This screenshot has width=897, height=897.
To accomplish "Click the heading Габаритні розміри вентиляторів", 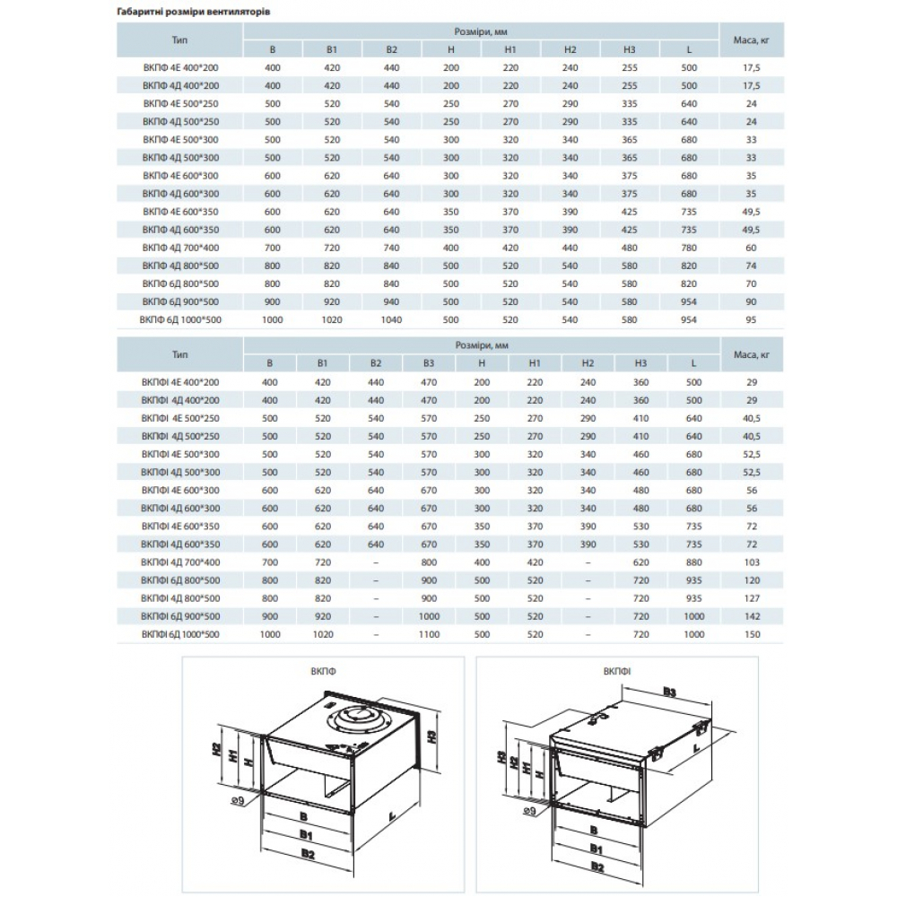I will (x=194, y=13).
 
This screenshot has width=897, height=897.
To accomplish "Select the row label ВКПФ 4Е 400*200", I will (x=180, y=67).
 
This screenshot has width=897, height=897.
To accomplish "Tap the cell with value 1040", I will (x=391, y=318).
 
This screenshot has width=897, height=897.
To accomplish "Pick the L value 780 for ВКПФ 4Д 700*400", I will (x=689, y=247).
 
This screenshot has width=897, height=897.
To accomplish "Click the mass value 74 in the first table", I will (x=752, y=265).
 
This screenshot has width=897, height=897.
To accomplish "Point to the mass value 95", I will (x=752, y=318).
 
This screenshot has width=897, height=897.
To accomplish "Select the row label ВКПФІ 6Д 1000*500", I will (x=180, y=634).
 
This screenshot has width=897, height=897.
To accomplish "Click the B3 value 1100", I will (x=429, y=634).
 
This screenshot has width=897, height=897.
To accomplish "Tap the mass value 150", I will (x=752, y=634).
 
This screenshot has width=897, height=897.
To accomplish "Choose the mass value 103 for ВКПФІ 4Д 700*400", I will (x=752, y=562).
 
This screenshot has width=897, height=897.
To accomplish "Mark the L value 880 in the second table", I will (x=693, y=562).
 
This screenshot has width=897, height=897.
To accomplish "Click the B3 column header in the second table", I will (x=429, y=363).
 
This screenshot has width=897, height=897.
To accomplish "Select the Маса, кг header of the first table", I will (x=752, y=40).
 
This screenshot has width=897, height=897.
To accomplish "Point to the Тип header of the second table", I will (x=180, y=355).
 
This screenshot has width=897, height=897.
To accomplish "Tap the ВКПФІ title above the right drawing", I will (x=616, y=670).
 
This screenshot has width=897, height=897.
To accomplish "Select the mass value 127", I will (x=752, y=598).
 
